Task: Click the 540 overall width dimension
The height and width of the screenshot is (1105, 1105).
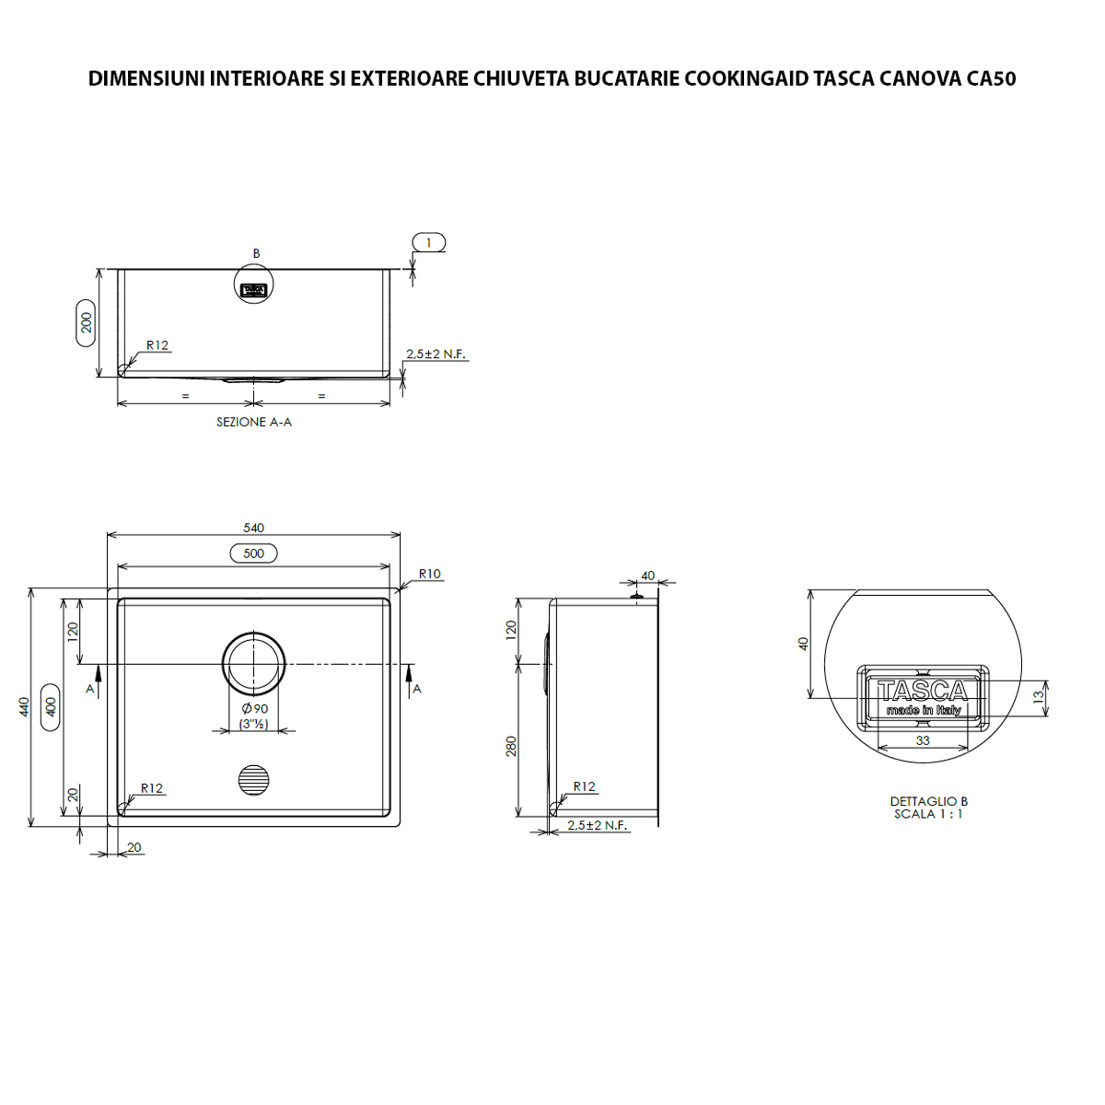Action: coord(253,528)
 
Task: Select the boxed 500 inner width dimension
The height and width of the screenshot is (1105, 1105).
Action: coord(253,553)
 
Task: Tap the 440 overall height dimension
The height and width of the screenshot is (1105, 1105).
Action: coord(25,706)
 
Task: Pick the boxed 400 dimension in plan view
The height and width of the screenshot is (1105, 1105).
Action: coord(51,706)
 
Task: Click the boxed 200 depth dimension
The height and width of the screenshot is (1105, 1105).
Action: coord(86,322)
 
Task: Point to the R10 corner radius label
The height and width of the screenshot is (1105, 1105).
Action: coord(429,574)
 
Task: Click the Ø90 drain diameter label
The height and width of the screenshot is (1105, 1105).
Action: coord(254,708)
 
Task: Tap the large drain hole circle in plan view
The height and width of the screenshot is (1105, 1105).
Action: coord(254,663)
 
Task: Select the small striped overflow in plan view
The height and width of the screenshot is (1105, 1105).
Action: coord(254,780)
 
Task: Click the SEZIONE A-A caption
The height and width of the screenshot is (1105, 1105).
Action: coord(254,422)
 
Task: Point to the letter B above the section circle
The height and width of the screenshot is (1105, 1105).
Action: coord(256,253)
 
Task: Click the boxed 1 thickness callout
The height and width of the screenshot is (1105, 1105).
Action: coord(428,242)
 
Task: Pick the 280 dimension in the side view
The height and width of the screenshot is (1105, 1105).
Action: coord(511,745)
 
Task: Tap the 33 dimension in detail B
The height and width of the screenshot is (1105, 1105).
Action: coord(923,740)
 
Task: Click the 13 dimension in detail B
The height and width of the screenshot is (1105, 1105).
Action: coord(1040,698)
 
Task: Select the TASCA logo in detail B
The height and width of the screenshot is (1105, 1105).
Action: coord(923,691)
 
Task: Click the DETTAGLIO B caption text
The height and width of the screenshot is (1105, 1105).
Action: coord(928,801)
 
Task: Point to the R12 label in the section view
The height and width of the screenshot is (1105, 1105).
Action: coord(157,345)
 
